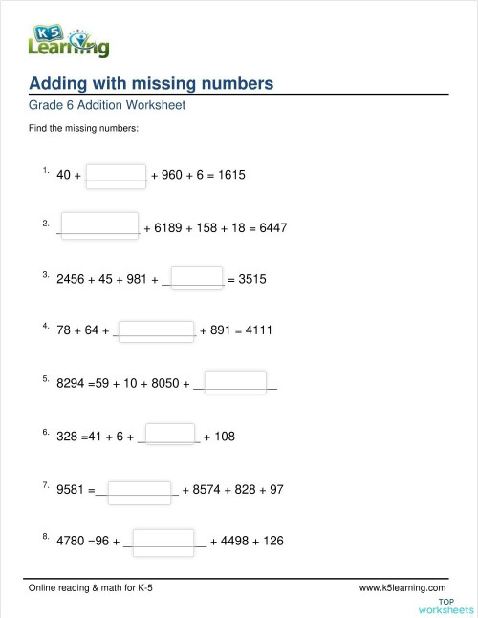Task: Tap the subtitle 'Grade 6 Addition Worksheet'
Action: pyautogui.click(x=107, y=105)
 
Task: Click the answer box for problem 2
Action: pyautogui.click(x=99, y=226)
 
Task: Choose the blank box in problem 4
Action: pyautogui.click(x=157, y=330)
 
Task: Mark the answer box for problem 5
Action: pyautogui.click(x=235, y=383)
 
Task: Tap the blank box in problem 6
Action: pyautogui.click(x=169, y=436)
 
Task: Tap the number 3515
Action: pyautogui.click(x=251, y=280)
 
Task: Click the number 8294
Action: pyautogui.click(x=73, y=384)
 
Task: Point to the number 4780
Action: pyautogui.click(x=73, y=542)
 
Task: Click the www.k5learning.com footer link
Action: pyautogui.click(x=402, y=587)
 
